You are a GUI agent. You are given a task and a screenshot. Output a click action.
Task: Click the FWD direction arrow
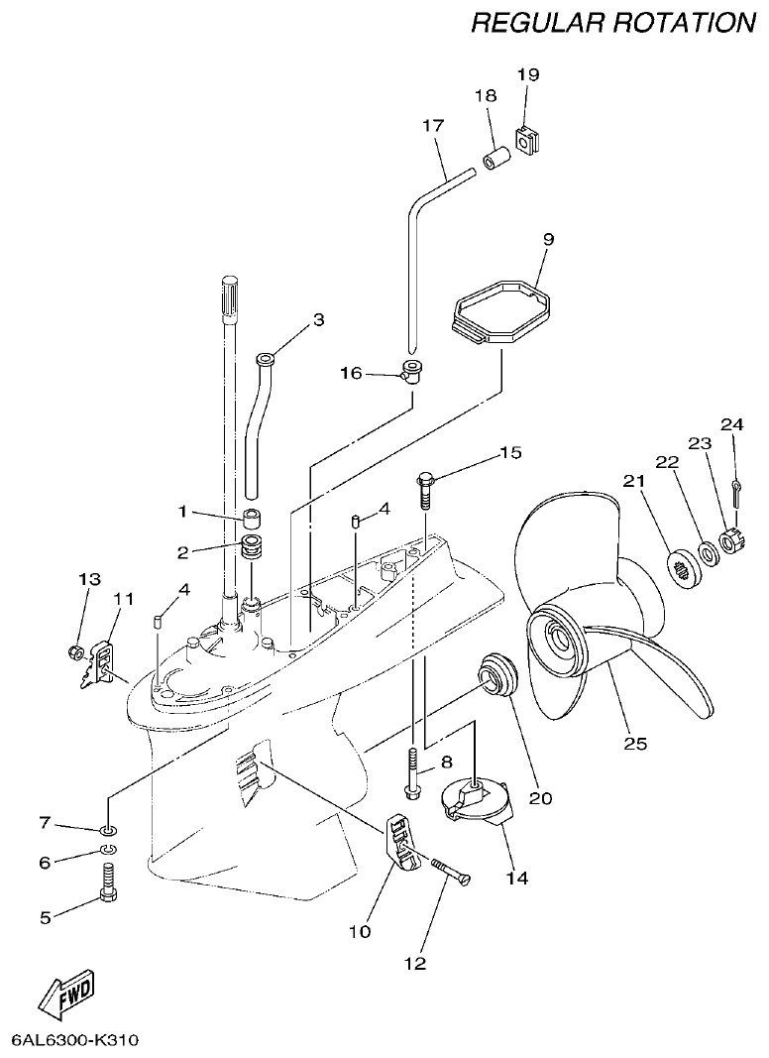click(68, 992)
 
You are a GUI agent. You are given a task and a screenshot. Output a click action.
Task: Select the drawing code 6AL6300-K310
click(75, 1040)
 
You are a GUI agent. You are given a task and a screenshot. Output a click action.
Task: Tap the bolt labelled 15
click(424, 490)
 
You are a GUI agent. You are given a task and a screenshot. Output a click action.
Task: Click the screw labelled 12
click(451, 870)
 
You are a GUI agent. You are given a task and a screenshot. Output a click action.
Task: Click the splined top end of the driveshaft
click(228, 296)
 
